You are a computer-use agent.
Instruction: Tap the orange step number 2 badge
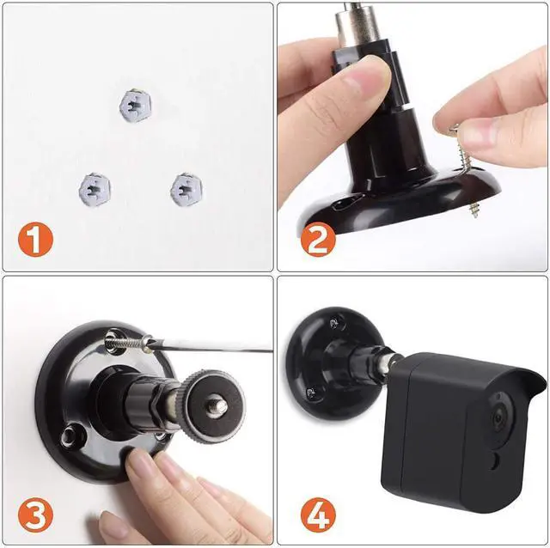pyautogui.click(x=317, y=240)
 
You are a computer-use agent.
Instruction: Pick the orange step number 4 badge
pyautogui.click(x=317, y=515)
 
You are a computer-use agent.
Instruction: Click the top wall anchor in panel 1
pyautogui.click(x=135, y=105)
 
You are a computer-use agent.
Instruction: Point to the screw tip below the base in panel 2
pyautogui.click(x=473, y=208)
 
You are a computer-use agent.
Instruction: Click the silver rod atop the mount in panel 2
pyautogui.click(x=356, y=17)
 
